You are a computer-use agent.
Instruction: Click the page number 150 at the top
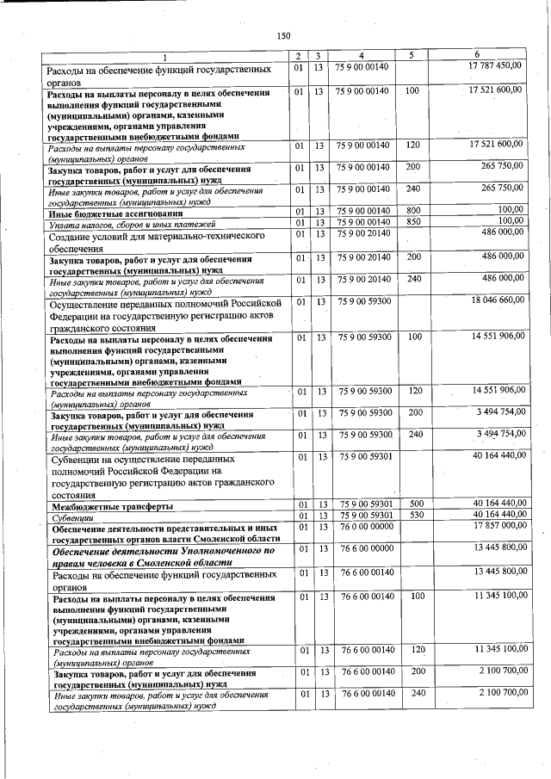click(x=283, y=35)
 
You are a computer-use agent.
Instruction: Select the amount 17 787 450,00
click(x=495, y=66)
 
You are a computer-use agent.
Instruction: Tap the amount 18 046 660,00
click(x=497, y=300)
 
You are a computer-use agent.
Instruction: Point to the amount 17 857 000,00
click(x=497, y=524)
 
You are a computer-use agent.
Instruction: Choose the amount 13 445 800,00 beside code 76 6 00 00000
click(x=497, y=547)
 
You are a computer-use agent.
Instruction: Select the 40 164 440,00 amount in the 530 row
click(x=497, y=514)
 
